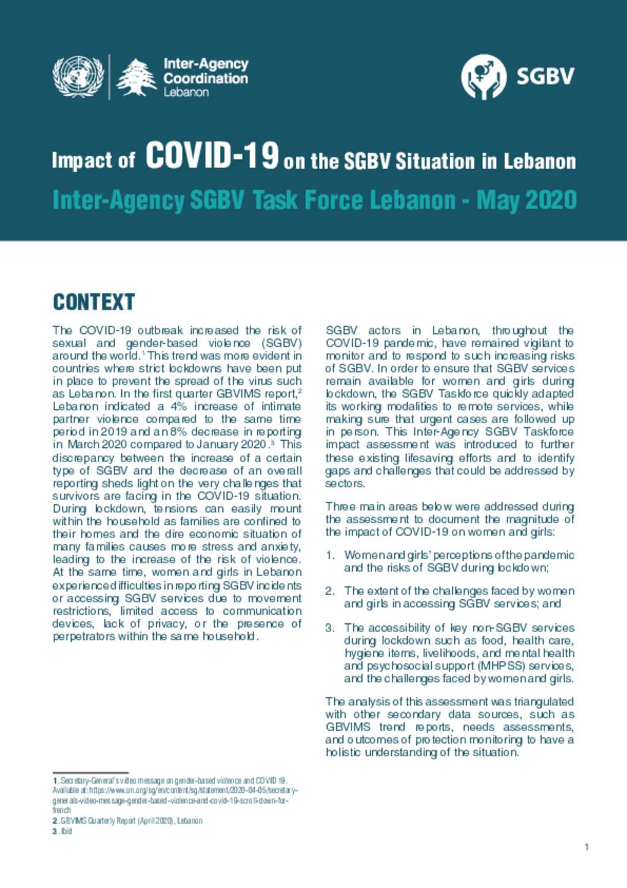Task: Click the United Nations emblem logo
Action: click(x=78, y=77)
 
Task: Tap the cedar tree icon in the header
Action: click(x=137, y=77)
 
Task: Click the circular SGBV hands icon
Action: click(x=483, y=77)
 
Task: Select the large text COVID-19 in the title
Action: click(x=212, y=156)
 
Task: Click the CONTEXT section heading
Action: click(x=94, y=302)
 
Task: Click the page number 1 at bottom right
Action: click(x=587, y=847)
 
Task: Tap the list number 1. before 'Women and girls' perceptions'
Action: click(x=330, y=555)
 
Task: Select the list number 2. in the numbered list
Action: click(x=330, y=591)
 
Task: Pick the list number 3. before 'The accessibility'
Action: click(x=330, y=628)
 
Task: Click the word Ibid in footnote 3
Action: click(x=66, y=832)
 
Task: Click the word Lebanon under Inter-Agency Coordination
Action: click(x=186, y=93)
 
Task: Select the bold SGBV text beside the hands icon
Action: click(x=545, y=77)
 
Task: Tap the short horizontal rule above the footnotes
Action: click(x=90, y=773)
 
